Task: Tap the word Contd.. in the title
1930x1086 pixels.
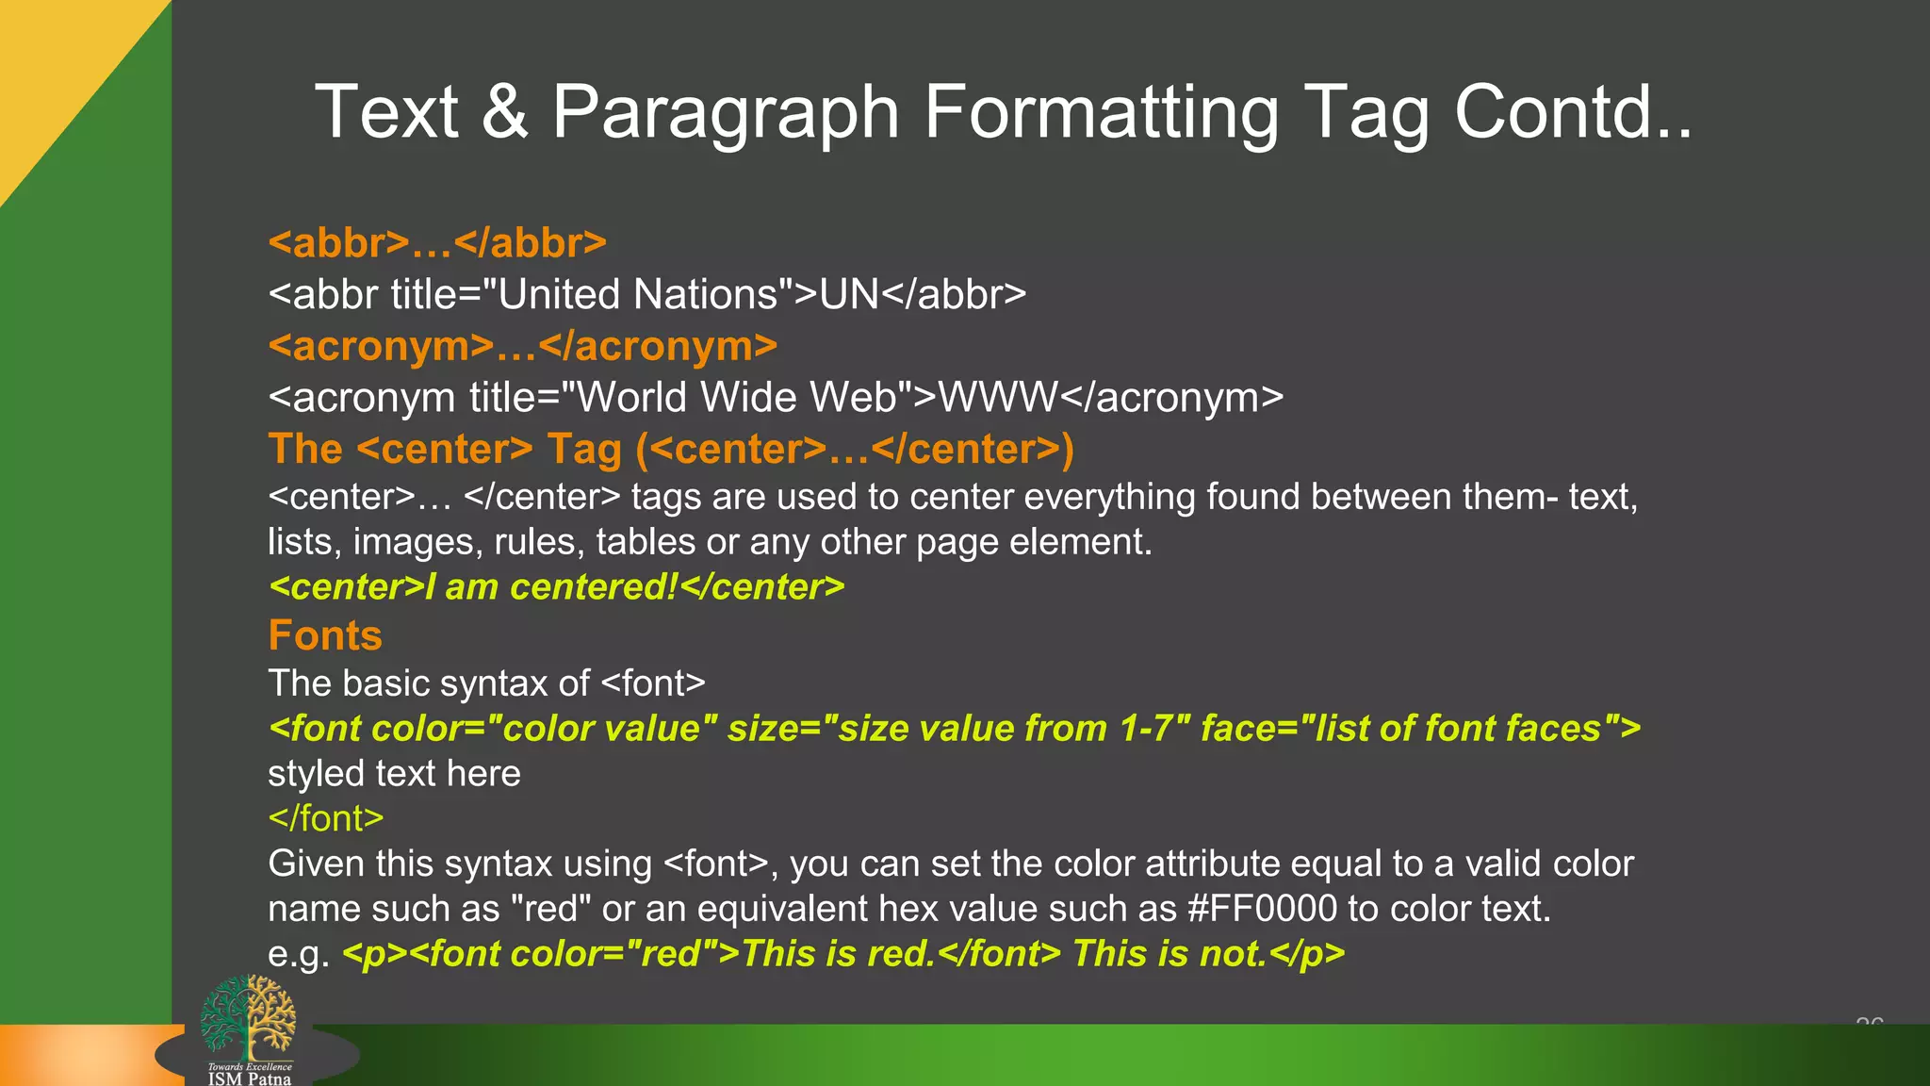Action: click(x=1572, y=112)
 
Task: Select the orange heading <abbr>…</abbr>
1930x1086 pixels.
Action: click(x=437, y=243)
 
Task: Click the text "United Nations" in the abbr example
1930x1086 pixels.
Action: click(x=637, y=294)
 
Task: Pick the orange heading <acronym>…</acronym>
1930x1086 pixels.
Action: click(x=523, y=346)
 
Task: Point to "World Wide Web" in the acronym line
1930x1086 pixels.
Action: click(x=735, y=397)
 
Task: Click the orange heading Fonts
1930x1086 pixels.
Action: click(x=325, y=635)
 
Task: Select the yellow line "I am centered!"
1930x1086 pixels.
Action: click(x=556, y=587)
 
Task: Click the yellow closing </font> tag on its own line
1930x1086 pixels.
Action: click(x=326, y=818)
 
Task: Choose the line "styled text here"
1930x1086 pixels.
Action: click(x=394, y=773)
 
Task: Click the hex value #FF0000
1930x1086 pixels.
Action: click(x=1262, y=909)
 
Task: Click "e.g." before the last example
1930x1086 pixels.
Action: click(x=299, y=954)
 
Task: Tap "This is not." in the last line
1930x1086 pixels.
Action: click(x=1169, y=954)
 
